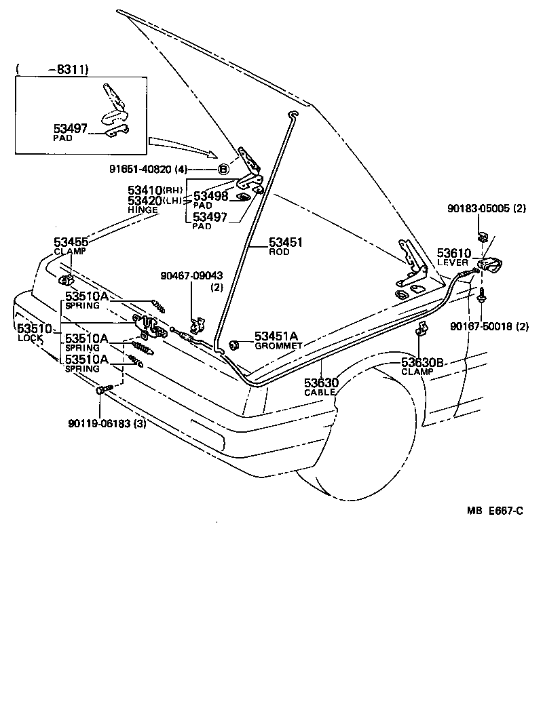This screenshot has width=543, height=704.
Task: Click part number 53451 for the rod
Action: tap(286, 242)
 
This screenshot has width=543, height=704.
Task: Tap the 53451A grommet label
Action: tap(276, 336)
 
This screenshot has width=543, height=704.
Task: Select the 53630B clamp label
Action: tap(422, 363)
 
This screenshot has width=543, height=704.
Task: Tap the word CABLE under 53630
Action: tap(320, 393)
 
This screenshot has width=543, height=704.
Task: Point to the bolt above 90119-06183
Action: tap(101, 390)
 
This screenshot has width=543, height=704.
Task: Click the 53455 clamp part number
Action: tap(71, 241)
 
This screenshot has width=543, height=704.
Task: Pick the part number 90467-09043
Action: tap(191, 276)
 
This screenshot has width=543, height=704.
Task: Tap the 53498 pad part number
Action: tap(211, 196)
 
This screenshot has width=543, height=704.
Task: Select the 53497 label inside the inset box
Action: tap(71, 128)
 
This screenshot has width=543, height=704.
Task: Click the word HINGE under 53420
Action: tap(143, 210)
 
